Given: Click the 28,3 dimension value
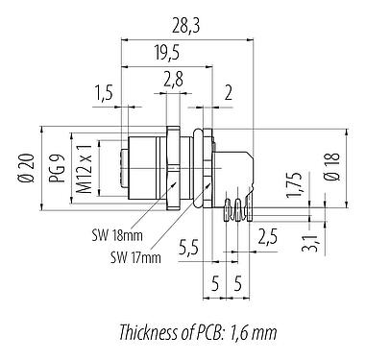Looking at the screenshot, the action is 185,27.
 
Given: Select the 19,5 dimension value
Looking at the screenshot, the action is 167,53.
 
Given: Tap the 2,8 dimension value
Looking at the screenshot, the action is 173,80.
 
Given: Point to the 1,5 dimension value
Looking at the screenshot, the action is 104,93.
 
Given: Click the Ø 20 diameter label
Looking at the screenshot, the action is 27,168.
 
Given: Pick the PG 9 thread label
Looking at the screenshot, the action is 58,168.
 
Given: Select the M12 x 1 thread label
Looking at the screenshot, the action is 85,168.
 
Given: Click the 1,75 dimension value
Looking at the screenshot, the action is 295,184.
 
